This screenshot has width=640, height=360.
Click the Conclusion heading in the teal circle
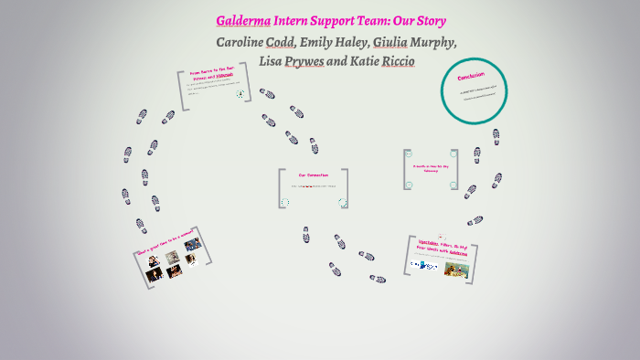coord(473,77)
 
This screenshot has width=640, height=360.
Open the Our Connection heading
coord(313,175)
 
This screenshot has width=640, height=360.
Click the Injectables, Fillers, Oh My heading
coord(443,249)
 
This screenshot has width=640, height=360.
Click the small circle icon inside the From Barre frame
coord(241,93)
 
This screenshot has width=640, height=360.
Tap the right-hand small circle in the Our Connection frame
coord(342,202)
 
